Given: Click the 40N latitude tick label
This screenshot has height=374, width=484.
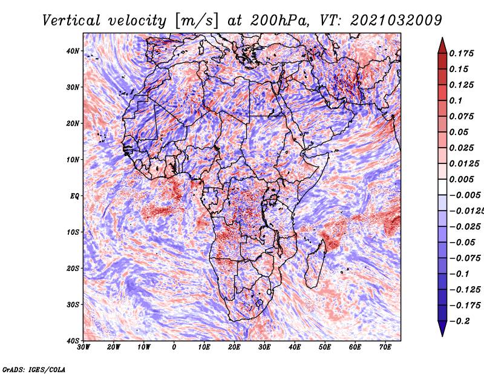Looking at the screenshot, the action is (x=73, y=51).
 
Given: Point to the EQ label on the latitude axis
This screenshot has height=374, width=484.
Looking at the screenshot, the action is (x=74, y=196).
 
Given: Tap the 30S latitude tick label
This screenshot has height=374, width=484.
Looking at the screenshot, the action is (x=73, y=305).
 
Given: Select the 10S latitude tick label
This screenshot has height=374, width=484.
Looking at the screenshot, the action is (x=73, y=232).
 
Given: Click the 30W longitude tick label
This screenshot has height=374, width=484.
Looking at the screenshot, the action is (x=83, y=347).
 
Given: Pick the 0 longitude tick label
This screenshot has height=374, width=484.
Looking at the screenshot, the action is (x=174, y=347).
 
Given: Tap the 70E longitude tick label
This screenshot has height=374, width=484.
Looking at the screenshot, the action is (x=385, y=347).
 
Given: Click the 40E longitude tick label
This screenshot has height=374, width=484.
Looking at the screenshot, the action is (x=295, y=347).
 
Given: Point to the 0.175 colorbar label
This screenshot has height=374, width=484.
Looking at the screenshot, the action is (x=462, y=54).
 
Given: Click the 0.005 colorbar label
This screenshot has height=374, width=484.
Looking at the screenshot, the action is (x=462, y=179).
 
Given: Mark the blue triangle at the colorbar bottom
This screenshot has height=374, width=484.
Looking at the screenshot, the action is (x=442, y=327).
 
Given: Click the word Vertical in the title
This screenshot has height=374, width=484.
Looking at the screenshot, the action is (x=71, y=21).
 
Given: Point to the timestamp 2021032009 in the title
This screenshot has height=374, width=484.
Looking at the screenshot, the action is (x=396, y=21).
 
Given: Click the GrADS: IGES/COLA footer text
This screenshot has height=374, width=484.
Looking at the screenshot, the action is (x=34, y=370).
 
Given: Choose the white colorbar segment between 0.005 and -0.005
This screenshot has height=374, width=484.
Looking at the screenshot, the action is (x=442, y=187).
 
